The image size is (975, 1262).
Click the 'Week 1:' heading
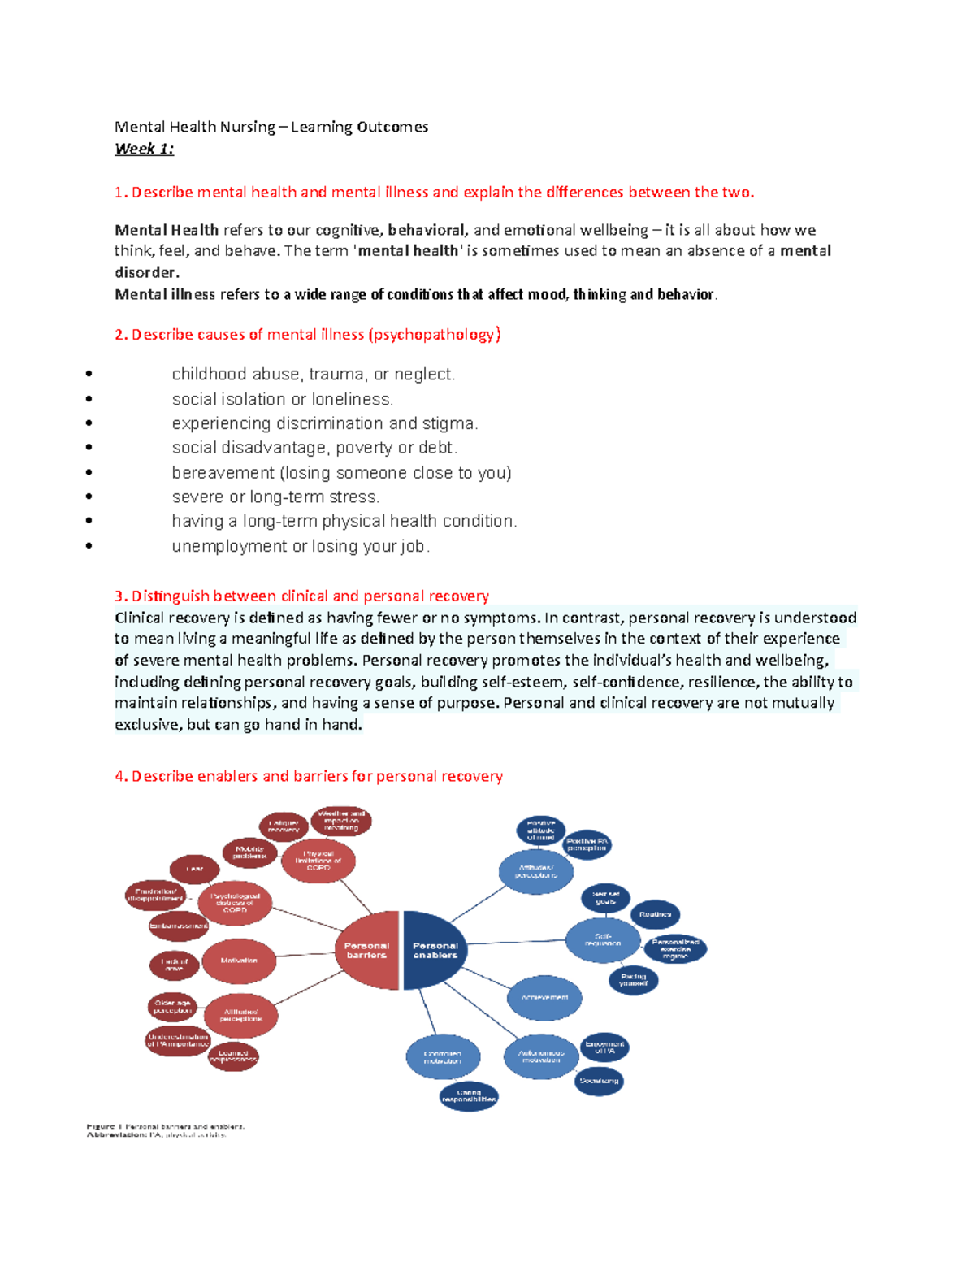point(144,149)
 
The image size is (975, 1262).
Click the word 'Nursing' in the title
point(248,127)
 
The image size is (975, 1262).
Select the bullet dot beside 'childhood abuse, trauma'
point(89,374)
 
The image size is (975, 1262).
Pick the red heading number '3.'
point(121,596)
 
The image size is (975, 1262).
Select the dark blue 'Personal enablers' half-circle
point(433,950)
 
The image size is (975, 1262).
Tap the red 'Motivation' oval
point(239,961)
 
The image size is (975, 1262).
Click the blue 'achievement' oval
point(544,997)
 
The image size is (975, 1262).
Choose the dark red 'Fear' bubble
point(194,869)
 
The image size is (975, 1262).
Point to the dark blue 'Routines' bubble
point(655,915)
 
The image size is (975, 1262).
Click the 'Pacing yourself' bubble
point(633,979)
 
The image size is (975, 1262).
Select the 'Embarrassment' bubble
point(179,926)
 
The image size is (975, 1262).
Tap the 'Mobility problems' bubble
point(249,852)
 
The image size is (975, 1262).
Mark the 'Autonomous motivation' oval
point(541,1056)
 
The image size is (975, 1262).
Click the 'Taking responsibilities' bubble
point(469,1095)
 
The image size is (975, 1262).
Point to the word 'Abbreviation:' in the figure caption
point(117,1135)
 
